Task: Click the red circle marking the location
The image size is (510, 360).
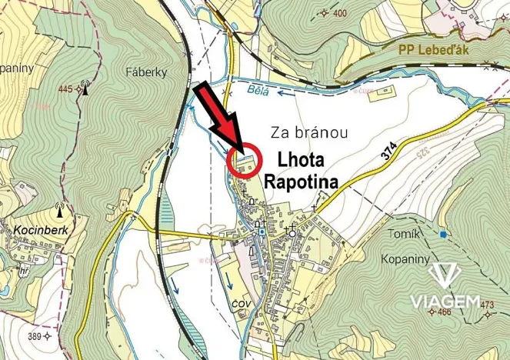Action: click(x=245, y=161)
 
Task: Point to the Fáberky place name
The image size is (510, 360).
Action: click(x=146, y=72)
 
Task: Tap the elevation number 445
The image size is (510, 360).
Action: click(x=65, y=90)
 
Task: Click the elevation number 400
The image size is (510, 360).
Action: click(x=339, y=13)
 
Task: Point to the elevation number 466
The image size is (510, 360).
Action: click(x=444, y=312)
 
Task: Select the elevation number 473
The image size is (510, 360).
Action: click(x=487, y=305)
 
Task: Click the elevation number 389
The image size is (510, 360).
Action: click(x=35, y=336)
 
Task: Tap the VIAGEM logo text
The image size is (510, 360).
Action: click(x=445, y=298)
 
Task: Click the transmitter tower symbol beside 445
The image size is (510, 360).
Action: click(x=85, y=88)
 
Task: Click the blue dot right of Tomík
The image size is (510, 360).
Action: click(x=443, y=233)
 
